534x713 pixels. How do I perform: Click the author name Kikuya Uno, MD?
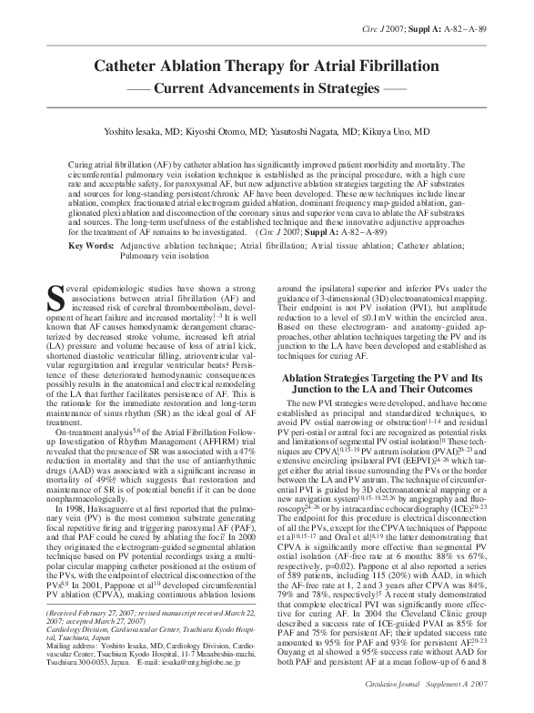point(398,131)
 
